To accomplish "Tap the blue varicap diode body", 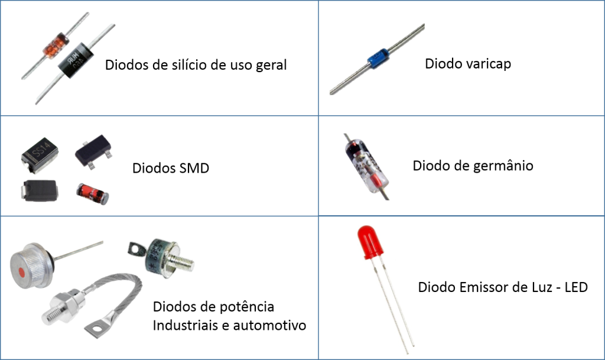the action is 378,58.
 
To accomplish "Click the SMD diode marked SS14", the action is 40,154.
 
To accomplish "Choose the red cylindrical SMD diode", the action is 93,194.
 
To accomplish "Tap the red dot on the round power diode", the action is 22,273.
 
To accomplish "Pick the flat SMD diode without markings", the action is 40,190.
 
